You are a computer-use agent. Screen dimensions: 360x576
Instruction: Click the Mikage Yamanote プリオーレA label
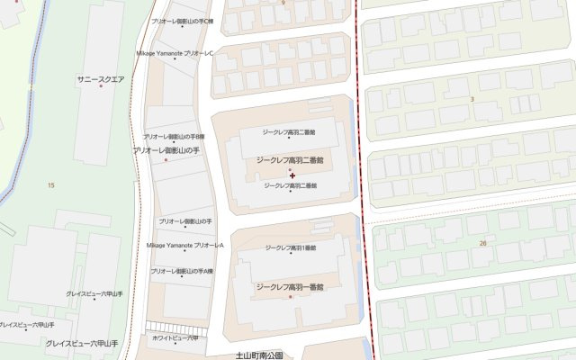tap(184, 245)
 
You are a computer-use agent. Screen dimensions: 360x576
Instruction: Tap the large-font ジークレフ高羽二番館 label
tap(290, 159)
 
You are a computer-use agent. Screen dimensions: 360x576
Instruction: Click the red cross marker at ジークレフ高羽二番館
tap(292, 173)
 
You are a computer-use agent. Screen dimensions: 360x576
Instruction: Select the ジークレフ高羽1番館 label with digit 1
tap(291, 247)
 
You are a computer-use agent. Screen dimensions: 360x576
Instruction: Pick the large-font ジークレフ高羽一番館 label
tap(290, 286)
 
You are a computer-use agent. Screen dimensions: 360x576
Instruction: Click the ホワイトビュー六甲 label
tap(175, 338)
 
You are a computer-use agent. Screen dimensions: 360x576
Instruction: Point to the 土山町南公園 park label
tap(258, 355)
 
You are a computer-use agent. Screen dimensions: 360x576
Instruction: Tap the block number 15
tap(50, 184)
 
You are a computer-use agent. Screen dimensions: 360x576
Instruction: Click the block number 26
tap(483, 243)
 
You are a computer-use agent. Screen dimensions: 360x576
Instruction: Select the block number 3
tap(472, 98)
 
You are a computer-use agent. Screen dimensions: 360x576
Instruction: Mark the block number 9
tap(283, 3)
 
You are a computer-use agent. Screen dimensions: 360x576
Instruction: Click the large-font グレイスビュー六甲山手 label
tap(82, 343)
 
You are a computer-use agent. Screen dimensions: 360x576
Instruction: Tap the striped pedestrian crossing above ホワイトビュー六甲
tap(171, 326)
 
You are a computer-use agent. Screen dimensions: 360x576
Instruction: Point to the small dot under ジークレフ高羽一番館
tap(290, 295)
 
